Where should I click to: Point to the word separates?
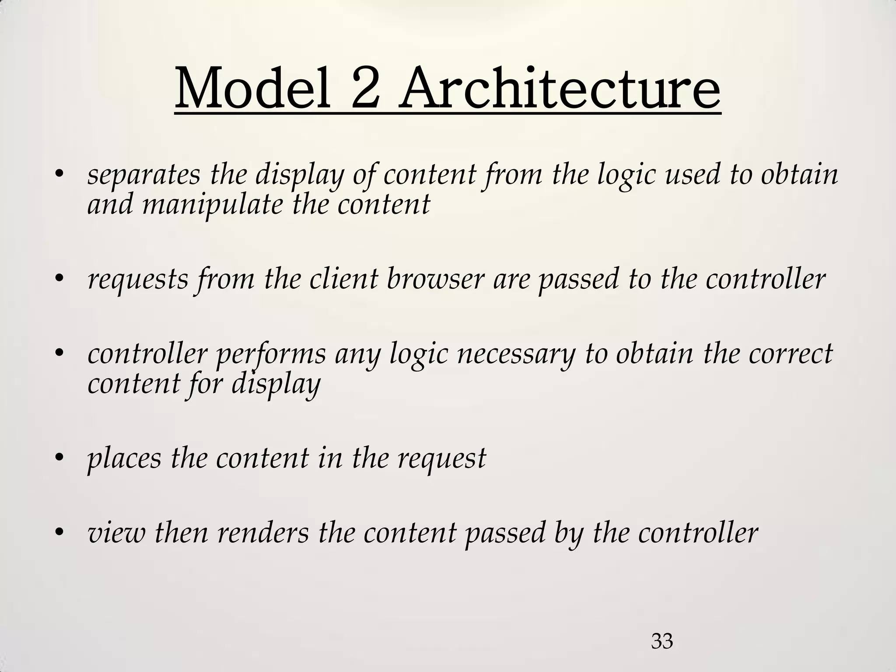coord(144,175)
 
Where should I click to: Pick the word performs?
coord(271,354)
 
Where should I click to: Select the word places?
coord(124,459)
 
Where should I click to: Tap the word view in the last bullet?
coord(116,533)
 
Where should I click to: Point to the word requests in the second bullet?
coord(138,280)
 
